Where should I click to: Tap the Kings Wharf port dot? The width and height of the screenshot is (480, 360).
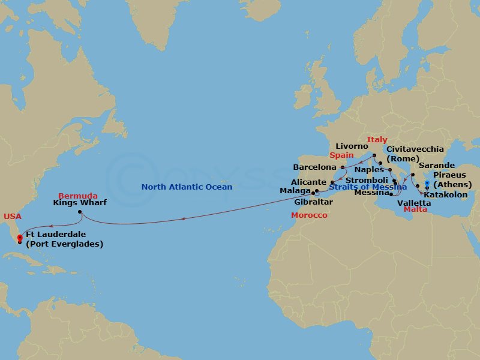point(79,212)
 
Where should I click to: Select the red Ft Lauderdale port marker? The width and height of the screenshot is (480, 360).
point(20,238)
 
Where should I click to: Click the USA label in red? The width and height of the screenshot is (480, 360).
point(12,216)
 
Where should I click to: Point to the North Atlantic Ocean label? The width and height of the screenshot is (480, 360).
point(187,187)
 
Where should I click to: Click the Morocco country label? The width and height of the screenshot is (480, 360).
point(309,215)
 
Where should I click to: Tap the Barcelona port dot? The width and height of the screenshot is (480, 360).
point(343,167)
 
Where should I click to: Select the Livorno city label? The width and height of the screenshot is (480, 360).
point(352,146)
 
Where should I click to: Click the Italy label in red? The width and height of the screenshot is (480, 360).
point(377,139)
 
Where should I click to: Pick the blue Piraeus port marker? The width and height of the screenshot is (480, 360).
point(427,184)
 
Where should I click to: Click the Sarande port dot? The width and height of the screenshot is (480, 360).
point(412,175)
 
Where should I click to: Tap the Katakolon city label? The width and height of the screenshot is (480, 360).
point(445,195)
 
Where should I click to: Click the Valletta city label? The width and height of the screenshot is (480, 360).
point(414,203)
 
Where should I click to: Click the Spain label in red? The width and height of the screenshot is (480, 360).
point(341,155)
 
